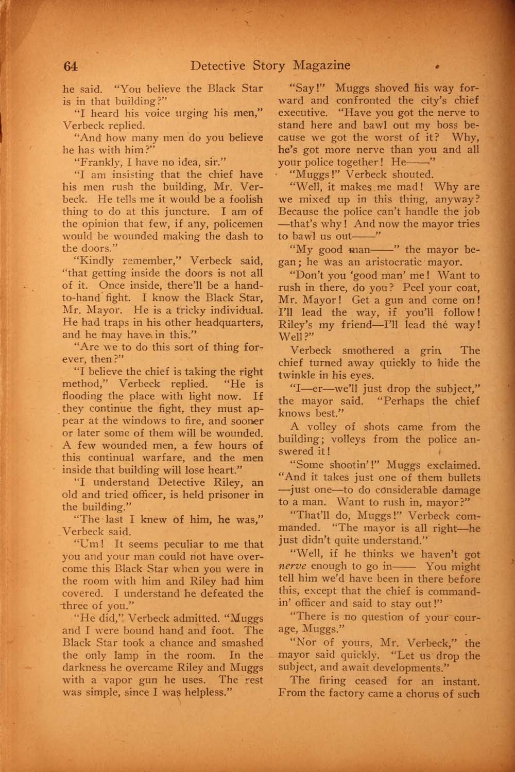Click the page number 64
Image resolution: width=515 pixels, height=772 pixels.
(70, 66)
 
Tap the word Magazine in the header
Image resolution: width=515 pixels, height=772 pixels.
(322, 65)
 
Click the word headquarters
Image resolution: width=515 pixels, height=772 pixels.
(227, 323)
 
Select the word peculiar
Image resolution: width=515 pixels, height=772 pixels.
(182, 544)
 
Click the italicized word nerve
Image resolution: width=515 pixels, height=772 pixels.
(293, 567)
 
